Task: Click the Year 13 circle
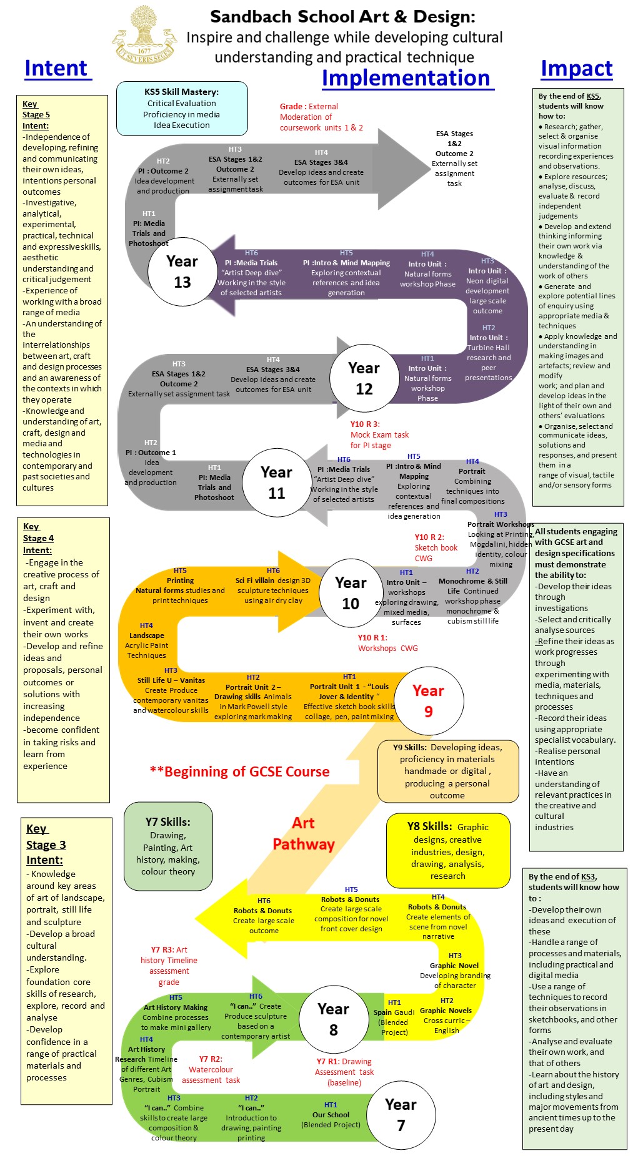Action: [182, 272]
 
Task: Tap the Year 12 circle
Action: [364, 378]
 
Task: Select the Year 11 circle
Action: [276, 482]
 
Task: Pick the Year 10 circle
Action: [351, 593]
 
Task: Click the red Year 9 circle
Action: [428, 701]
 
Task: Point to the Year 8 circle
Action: [333, 1019]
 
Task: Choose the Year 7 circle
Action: [401, 1115]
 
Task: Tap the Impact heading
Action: [576, 68]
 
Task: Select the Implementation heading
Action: [406, 78]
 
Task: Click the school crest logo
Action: [145, 36]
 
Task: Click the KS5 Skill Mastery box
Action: [182, 109]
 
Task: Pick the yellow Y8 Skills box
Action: [448, 850]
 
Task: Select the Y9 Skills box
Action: [447, 771]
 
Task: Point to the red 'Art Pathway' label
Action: [304, 834]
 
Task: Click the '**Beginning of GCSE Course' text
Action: [239, 771]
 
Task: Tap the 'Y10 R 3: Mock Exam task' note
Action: [379, 434]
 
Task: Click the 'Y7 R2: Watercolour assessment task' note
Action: [211, 1069]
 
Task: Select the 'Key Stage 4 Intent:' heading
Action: [38, 538]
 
